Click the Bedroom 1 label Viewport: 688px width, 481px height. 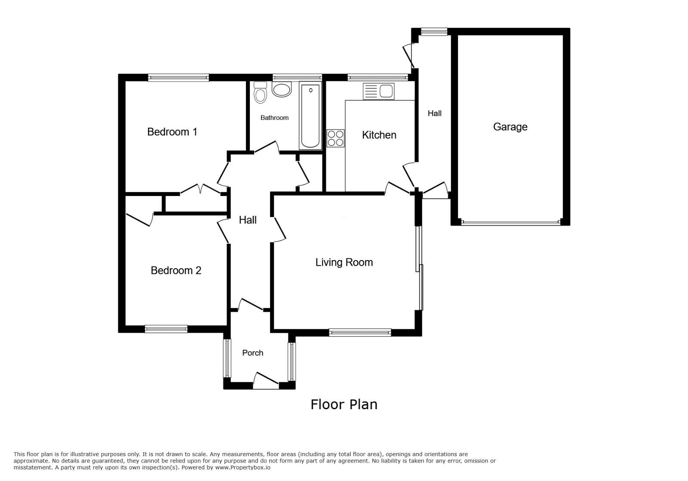click(x=172, y=132)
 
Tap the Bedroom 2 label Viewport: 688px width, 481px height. click(x=176, y=270)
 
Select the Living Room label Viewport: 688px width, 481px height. click(x=344, y=262)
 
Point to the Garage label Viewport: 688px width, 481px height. click(x=510, y=127)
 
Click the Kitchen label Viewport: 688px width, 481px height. click(x=379, y=135)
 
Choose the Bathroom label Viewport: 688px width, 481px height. click(x=274, y=118)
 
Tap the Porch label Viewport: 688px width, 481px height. click(x=252, y=353)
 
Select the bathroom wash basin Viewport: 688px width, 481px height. click(x=282, y=90)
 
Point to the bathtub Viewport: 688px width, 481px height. click(x=310, y=116)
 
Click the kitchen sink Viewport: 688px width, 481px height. click(x=378, y=91)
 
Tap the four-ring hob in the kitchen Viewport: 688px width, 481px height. click(x=335, y=138)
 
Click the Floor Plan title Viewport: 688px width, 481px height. click(x=344, y=404)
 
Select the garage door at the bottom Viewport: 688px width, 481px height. click(x=510, y=223)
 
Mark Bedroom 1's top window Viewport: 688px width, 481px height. click(x=178, y=78)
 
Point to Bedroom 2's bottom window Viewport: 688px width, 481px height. click(x=166, y=329)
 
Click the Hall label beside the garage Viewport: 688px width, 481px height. click(x=434, y=113)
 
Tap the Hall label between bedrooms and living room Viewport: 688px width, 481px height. click(x=248, y=220)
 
